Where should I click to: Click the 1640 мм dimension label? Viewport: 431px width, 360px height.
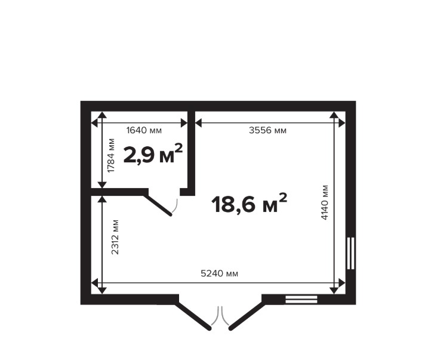(144, 130)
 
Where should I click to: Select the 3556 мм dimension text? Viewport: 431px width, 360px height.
(267, 130)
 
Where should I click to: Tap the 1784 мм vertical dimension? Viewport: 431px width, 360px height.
(111, 155)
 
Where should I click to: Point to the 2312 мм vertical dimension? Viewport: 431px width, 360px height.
(115, 237)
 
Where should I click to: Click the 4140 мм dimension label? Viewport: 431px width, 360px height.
(325, 202)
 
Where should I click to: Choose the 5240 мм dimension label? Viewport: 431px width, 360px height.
(219, 273)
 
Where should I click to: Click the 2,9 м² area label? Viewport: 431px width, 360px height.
(153, 153)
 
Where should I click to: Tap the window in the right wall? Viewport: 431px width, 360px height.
(350, 253)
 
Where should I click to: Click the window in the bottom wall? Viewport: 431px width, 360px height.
(301, 299)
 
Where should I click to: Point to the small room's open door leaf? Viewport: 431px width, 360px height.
(158, 205)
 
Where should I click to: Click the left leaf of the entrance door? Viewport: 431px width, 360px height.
(193, 316)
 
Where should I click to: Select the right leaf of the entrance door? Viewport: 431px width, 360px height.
(247, 316)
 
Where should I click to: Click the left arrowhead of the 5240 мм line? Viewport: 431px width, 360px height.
(94, 282)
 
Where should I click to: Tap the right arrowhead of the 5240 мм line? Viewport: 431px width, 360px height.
(342, 282)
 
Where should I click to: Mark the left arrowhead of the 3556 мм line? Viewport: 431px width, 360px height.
(198, 123)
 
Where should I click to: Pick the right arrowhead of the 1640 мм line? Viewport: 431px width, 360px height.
(184, 123)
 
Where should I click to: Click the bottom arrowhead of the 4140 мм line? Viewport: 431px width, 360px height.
(334, 291)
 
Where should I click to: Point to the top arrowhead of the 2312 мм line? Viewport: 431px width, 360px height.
(102, 199)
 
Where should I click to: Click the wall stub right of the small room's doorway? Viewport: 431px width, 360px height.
(187, 192)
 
